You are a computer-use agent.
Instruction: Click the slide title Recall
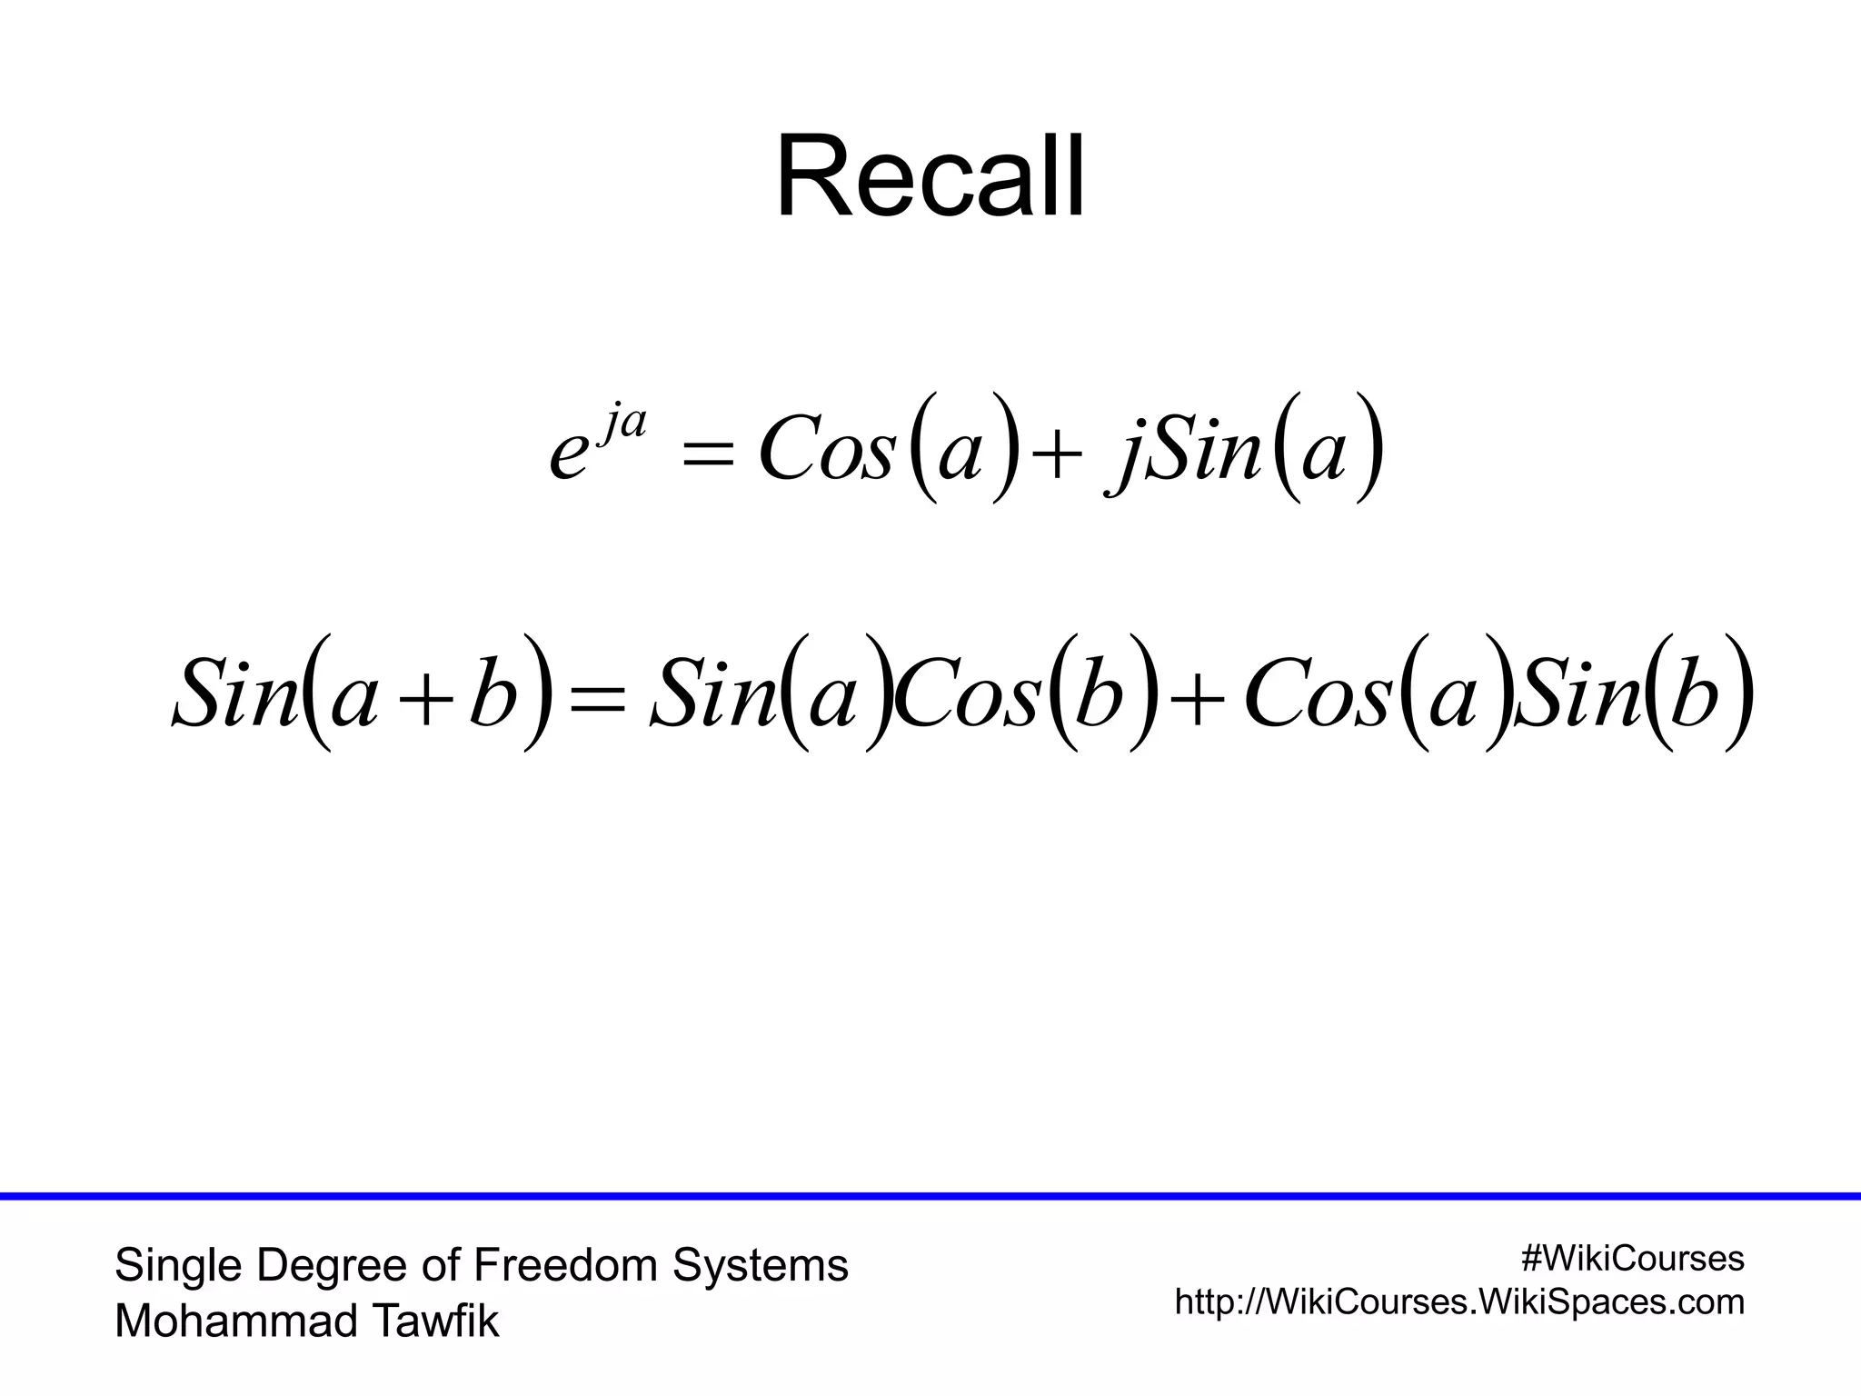click(x=930, y=177)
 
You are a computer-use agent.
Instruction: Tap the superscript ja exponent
click(x=622, y=424)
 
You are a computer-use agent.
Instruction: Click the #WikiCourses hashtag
click(x=1632, y=1259)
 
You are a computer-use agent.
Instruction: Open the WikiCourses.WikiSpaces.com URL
click(x=1459, y=1302)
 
